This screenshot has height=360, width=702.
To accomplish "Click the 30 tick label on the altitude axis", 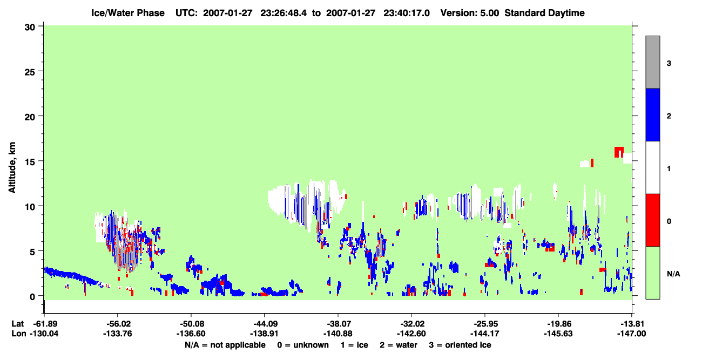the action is pyautogui.click(x=30, y=28).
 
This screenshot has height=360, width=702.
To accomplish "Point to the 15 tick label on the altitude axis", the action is pyautogui.click(x=30, y=162).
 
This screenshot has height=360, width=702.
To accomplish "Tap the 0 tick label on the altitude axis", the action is pyautogui.click(x=32, y=296).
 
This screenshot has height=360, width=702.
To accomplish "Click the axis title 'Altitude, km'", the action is pyautogui.click(x=12, y=168).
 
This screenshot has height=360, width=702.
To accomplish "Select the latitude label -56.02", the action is pyautogui.click(x=118, y=324).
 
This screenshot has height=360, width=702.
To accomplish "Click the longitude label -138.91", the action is pyautogui.click(x=265, y=334).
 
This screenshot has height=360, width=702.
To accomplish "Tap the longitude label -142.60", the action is pyautogui.click(x=411, y=334).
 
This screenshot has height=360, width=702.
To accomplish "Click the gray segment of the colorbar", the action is pyautogui.click(x=652, y=62).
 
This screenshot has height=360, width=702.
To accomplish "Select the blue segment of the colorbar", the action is pyautogui.click(x=652, y=114).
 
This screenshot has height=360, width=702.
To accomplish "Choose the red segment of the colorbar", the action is pyautogui.click(x=652, y=220).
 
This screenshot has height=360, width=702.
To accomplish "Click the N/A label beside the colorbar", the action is pyautogui.click(x=673, y=274).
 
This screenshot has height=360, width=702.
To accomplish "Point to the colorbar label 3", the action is pyautogui.click(x=669, y=64).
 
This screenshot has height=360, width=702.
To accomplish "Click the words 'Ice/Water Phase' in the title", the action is pyautogui.click(x=128, y=13).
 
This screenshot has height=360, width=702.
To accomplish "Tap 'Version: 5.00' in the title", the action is pyautogui.click(x=470, y=13).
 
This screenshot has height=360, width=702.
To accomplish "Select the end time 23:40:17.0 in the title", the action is pyautogui.click(x=407, y=13).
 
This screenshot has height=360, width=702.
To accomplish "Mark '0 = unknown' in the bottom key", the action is pyautogui.click(x=303, y=345).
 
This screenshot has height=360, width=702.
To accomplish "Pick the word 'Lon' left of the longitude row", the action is pyautogui.click(x=18, y=334).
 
